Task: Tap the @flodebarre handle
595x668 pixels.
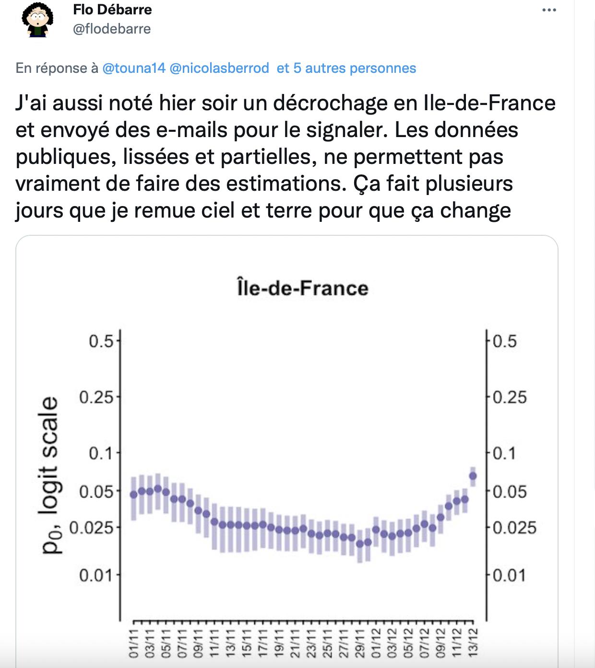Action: [112, 29]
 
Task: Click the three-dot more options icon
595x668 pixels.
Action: [549, 10]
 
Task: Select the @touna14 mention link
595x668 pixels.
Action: [134, 68]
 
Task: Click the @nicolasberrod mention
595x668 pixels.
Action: [219, 68]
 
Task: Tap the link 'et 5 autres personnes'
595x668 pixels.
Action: [346, 68]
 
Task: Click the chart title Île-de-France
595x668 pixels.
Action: [303, 288]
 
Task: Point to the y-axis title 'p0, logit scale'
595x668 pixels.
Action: [50, 475]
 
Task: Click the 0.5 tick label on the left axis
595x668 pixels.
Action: [101, 341]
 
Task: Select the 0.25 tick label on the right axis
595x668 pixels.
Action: [510, 397]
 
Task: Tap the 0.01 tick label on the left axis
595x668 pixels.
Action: [96, 575]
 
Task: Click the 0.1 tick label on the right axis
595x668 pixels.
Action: [504, 453]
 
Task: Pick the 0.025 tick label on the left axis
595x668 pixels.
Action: [92, 528]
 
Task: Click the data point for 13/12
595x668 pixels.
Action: [473, 476]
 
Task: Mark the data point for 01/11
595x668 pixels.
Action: [134, 495]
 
